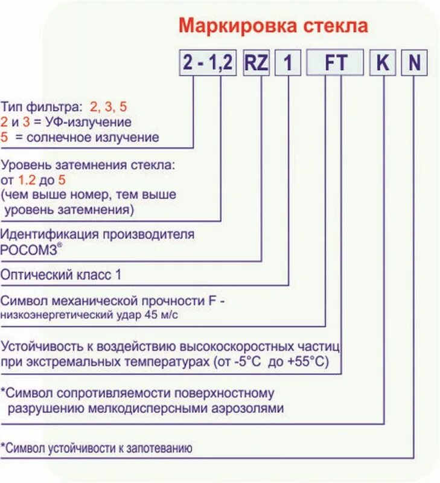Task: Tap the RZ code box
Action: [256, 63]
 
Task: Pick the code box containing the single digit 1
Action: [289, 63]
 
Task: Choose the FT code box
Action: [335, 63]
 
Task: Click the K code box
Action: [383, 63]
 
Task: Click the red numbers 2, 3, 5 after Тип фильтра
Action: [109, 107]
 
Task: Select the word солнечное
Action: [58, 137]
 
